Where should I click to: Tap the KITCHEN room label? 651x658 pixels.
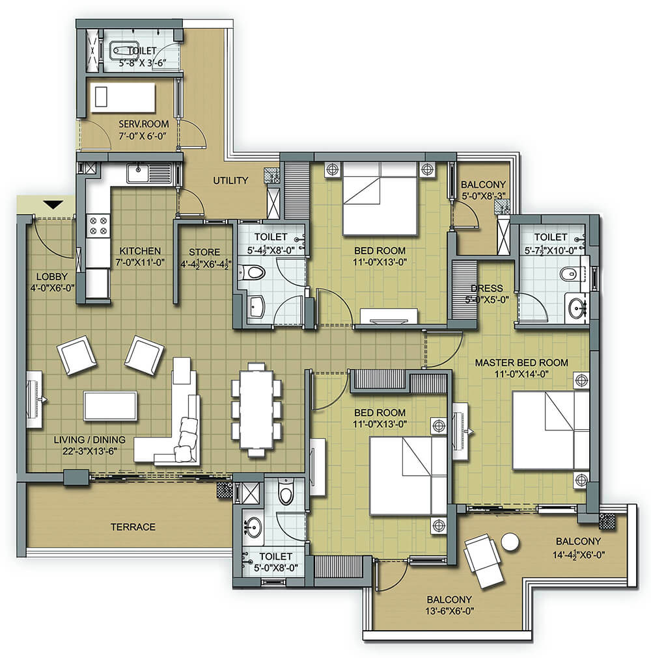140,251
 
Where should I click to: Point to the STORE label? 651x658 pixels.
204,252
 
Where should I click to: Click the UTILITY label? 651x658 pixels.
230,181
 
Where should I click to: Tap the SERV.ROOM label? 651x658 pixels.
144,124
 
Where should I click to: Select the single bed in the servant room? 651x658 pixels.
123,98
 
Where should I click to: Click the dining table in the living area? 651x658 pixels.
256,409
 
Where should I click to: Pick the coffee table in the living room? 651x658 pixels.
110,406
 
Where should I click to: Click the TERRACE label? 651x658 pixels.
133,527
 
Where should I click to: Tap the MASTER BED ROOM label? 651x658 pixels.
521,363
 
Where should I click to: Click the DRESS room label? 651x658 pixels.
487,288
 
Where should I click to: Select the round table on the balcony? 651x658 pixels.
510,542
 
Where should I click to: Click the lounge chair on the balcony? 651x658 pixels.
483,560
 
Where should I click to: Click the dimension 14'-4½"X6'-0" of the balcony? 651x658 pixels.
578,555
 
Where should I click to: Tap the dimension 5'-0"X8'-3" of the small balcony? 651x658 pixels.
483,196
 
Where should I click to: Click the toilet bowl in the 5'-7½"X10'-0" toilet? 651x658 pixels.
570,274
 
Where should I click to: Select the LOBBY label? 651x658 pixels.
51,276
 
